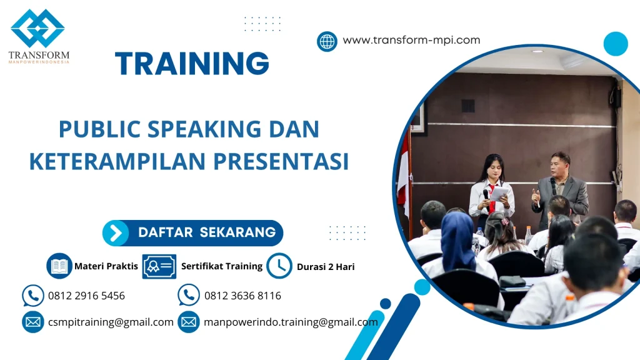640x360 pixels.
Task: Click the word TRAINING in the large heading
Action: [x=192, y=64]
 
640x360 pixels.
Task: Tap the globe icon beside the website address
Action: [x=327, y=41]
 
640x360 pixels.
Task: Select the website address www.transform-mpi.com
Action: [x=411, y=40]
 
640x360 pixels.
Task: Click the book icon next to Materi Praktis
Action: [x=59, y=266]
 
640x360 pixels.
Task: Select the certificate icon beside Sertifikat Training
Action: [x=159, y=266]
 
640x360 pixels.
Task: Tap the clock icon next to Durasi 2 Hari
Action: [x=279, y=266]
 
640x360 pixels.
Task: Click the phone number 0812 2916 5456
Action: [x=86, y=296]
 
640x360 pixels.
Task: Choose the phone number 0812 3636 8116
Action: [x=242, y=296]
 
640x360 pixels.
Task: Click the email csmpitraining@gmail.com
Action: [x=111, y=322]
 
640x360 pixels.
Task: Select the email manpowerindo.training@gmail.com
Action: [x=291, y=322]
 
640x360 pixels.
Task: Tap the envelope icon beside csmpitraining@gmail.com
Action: [x=32, y=322]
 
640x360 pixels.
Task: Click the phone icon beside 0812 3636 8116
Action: [x=188, y=295]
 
